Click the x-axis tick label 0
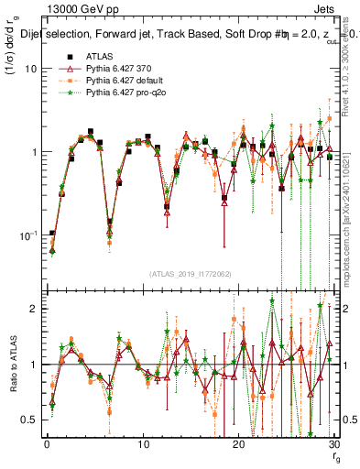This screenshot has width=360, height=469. click(x=46, y=444)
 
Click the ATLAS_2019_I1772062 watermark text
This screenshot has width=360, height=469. click(x=190, y=274)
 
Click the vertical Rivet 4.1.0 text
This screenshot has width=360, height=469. click(x=352, y=82)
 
